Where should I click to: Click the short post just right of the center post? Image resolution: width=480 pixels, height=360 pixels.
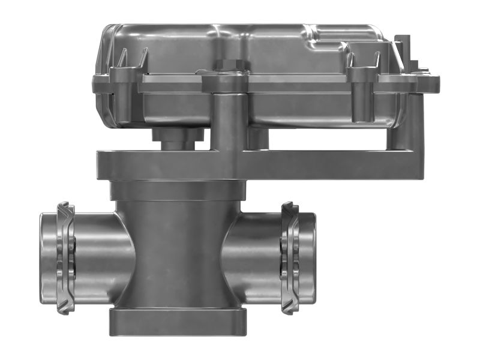(257, 138)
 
